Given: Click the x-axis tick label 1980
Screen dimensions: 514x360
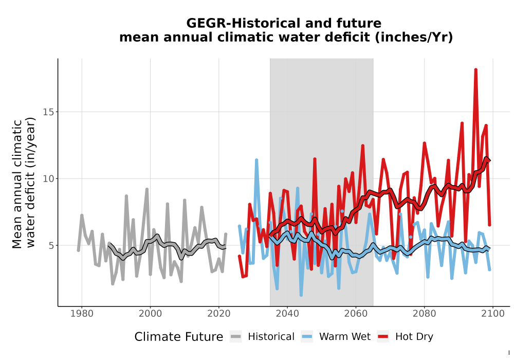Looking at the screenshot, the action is tap(82, 314).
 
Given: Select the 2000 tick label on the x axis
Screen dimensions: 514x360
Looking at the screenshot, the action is tap(150, 314).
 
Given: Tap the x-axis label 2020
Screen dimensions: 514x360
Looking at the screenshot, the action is tap(218, 314).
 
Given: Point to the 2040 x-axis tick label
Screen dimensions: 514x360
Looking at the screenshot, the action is tap(287, 314).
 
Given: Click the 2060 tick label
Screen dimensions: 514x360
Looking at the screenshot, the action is tap(356, 314).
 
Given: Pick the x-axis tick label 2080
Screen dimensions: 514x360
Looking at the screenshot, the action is tap(424, 314).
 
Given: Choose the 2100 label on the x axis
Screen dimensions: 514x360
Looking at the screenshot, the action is tap(493, 314).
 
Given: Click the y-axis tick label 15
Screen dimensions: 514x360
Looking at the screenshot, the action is tap(48, 112).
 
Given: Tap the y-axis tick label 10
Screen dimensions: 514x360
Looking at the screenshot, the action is tap(48, 178).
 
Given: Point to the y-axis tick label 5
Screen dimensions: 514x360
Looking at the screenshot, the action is tap(51, 246).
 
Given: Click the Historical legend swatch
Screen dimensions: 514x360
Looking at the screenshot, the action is tap(236, 337).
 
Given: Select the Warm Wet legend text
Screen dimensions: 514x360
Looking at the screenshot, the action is tap(345, 337).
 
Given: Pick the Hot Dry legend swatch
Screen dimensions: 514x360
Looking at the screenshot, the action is tap(383, 337).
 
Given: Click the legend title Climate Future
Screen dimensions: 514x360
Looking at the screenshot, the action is tap(179, 337).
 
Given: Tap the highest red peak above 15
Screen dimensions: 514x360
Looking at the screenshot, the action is tap(475, 70).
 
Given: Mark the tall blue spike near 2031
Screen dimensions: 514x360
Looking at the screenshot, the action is tap(256, 160).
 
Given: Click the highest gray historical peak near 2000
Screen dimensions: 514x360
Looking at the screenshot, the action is tap(147, 189).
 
